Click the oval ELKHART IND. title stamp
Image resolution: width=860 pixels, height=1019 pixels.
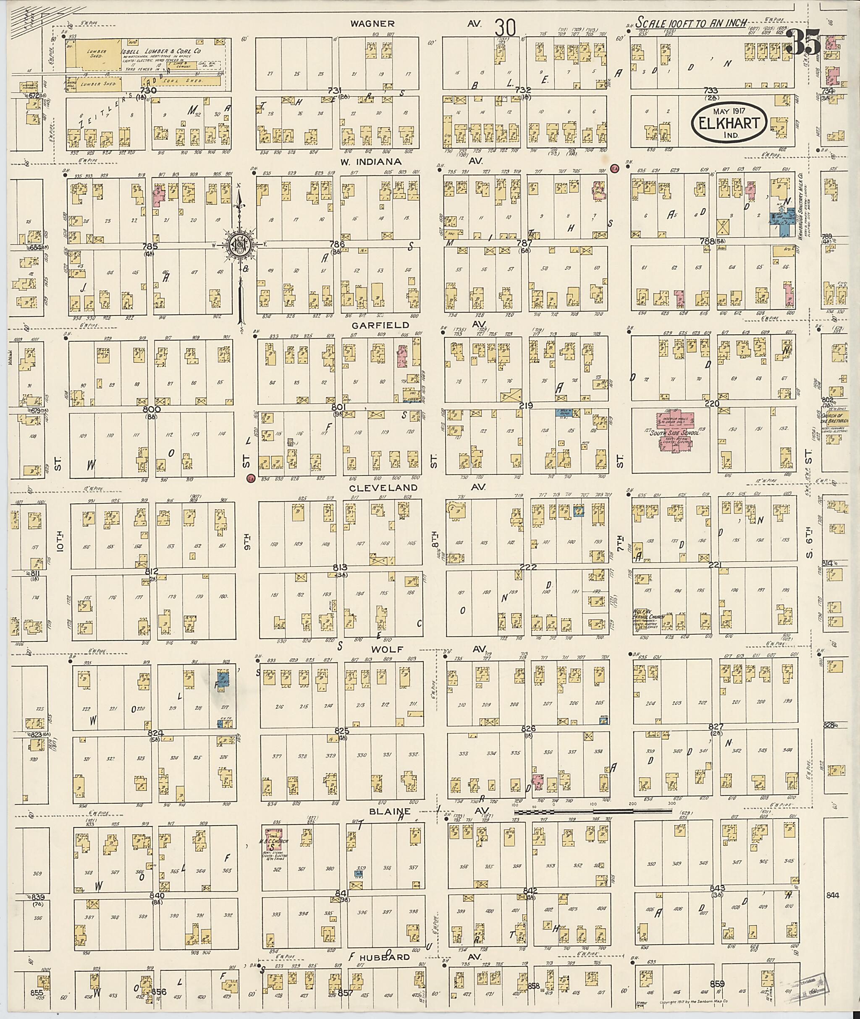pos(729,122)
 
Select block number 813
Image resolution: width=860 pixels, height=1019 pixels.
pos(339,568)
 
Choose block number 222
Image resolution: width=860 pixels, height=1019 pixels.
pos(528,568)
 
